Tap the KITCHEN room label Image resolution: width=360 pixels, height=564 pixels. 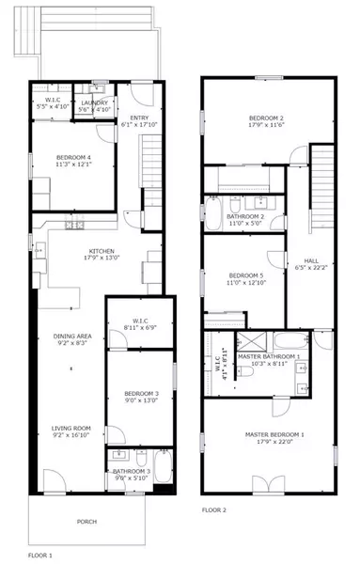coord(102,251)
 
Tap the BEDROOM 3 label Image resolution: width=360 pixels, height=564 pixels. coord(138,393)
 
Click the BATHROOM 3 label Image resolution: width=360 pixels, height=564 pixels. coord(131,470)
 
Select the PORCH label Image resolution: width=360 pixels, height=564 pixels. coord(87,521)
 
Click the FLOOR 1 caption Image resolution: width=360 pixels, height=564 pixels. coord(39,556)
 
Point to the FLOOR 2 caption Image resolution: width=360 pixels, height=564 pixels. coord(213,510)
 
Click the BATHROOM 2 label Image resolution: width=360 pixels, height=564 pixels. coord(245,217)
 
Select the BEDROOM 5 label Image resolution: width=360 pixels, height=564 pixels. coord(244,275)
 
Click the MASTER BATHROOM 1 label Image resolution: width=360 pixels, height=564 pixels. coord(269,357)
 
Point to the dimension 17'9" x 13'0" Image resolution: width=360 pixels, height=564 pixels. coord(102,258)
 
